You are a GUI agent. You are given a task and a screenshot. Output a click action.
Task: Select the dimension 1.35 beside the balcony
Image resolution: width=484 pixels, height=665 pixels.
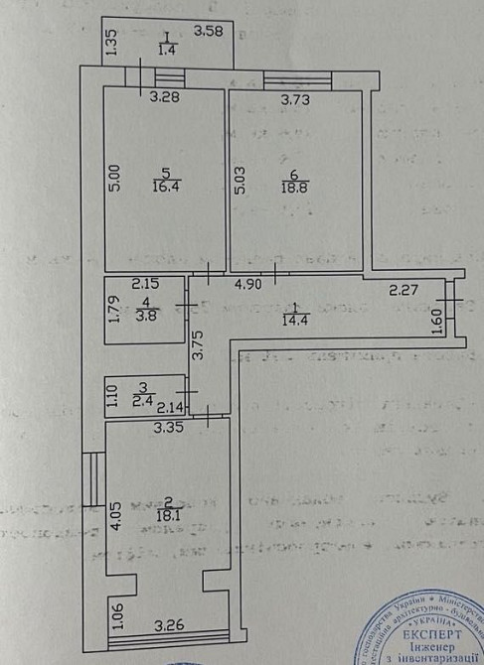click(111, 45)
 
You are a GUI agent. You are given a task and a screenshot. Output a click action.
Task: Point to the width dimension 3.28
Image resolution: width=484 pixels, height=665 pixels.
click(165, 97)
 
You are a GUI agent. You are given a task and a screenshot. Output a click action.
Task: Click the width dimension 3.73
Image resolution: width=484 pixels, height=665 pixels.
click(295, 99)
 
